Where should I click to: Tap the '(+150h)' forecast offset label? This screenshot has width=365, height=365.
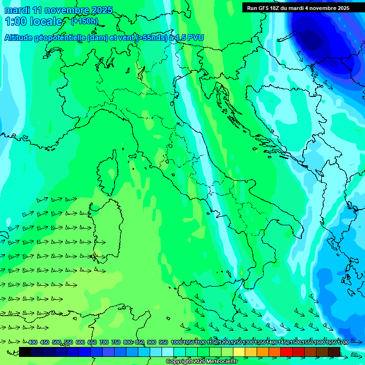coord(84,21)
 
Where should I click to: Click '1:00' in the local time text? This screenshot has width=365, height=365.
coord(16,21)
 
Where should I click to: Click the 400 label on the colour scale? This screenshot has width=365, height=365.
coord(33,342)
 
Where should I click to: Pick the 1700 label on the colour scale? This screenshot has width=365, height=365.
coord(343,342)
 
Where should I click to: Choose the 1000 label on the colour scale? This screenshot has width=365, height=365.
coord(177,342)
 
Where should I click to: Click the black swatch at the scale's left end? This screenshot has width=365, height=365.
coord(25,352)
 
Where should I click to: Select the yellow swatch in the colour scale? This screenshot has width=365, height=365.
coord(239,352)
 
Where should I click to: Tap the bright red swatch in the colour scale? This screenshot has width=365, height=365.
coord(287,352)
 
